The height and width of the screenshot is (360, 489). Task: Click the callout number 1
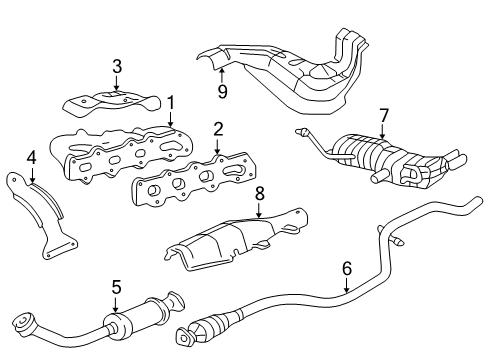click(171, 101)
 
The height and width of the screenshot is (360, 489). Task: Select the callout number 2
click(217, 128)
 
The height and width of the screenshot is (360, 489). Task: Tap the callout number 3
click(117, 67)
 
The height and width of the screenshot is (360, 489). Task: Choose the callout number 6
click(346, 267)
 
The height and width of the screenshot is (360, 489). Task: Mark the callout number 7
click(383, 117)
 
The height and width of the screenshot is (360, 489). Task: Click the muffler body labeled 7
click(385, 158)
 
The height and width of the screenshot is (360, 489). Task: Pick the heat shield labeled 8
click(225, 239)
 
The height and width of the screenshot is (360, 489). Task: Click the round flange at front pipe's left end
click(17, 321)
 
